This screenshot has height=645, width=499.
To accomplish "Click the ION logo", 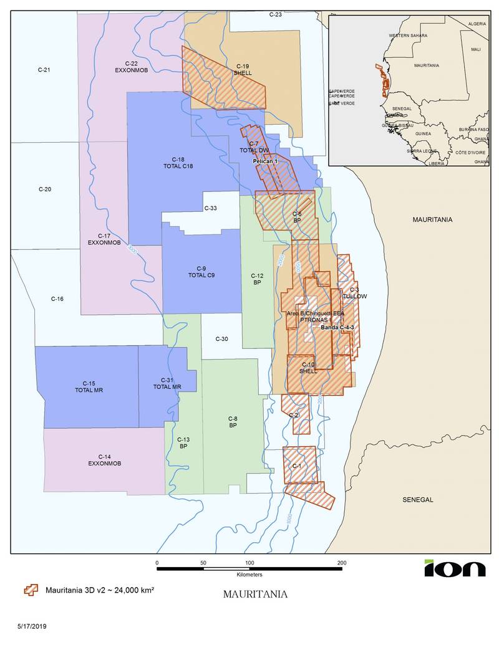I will (455, 568).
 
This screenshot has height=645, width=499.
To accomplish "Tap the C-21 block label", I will (44, 70).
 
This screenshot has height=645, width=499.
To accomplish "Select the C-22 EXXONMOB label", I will (130, 67).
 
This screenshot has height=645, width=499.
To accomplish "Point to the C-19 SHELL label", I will (243, 69).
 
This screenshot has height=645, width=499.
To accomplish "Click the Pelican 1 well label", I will (264, 161).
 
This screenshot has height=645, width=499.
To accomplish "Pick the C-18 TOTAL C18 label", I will (178, 163).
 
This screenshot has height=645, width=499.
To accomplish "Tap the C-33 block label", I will (211, 208).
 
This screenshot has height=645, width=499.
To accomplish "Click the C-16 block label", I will (57, 299).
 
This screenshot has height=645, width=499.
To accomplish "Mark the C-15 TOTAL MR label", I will (88, 386).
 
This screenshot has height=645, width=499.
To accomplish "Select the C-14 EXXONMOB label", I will (104, 460).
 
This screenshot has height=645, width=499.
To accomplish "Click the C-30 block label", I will (221, 339).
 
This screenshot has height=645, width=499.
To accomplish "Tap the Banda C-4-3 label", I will (337, 327).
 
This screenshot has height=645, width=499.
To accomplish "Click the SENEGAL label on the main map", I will (418, 500).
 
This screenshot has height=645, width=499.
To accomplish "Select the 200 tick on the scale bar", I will (342, 563).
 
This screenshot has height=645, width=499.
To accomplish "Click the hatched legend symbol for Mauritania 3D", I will (29, 590).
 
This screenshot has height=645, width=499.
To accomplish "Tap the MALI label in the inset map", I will (476, 49).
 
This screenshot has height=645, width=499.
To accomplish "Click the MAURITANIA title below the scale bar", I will (255, 594).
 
